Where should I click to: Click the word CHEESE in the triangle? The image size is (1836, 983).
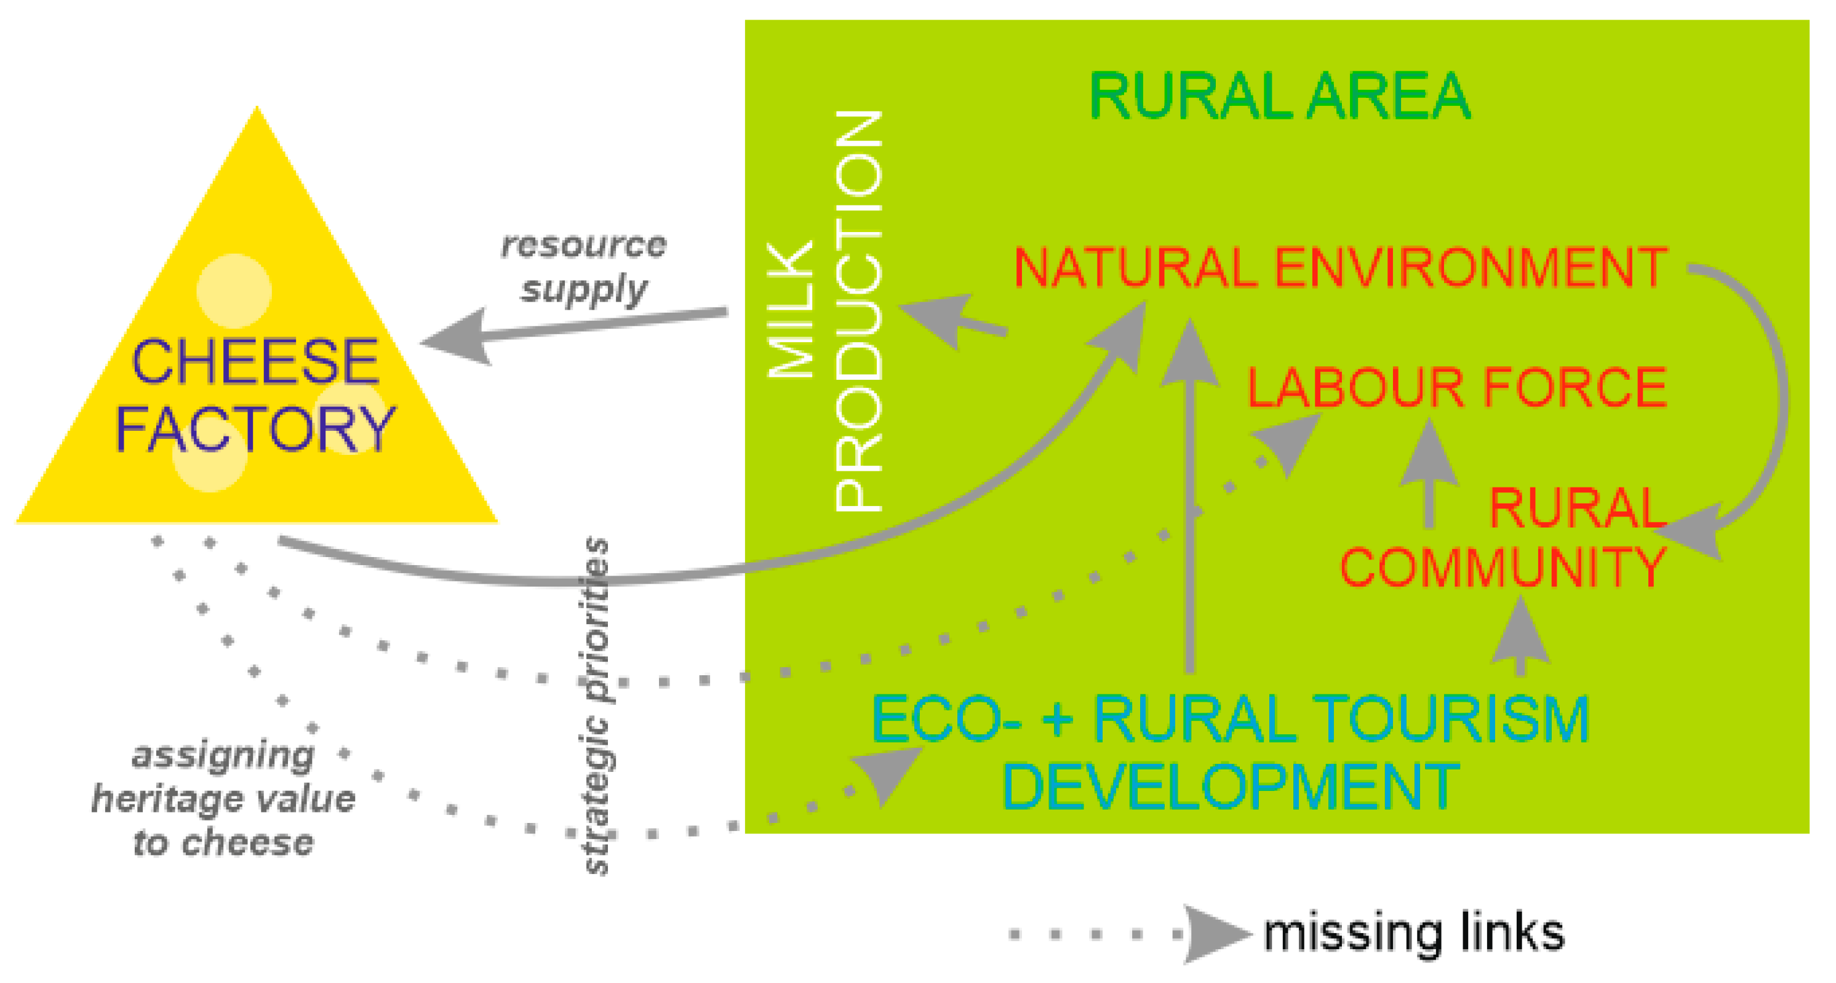pyautogui.click(x=255, y=361)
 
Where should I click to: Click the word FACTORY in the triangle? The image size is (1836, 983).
pyautogui.click(x=255, y=429)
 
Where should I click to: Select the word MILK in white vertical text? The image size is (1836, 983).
pyautogui.click(x=791, y=311)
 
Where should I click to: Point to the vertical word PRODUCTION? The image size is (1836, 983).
pyautogui.click(x=860, y=311)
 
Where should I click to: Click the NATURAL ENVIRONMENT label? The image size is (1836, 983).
pyautogui.click(x=1340, y=267)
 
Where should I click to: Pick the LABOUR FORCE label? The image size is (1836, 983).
pyautogui.click(x=1457, y=387)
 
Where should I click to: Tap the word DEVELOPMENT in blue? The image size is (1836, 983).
pyautogui.click(x=1231, y=786)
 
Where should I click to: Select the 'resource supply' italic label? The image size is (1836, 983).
pyautogui.click(x=584, y=267)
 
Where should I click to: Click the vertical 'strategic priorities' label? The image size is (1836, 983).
pyautogui.click(x=597, y=706)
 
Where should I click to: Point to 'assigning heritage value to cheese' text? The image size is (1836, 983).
pyautogui.click(x=223, y=798)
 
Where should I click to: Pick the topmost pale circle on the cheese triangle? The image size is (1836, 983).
pyautogui.click(x=234, y=290)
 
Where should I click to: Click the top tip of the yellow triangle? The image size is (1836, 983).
pyautogui.click(x=257, y=109)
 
